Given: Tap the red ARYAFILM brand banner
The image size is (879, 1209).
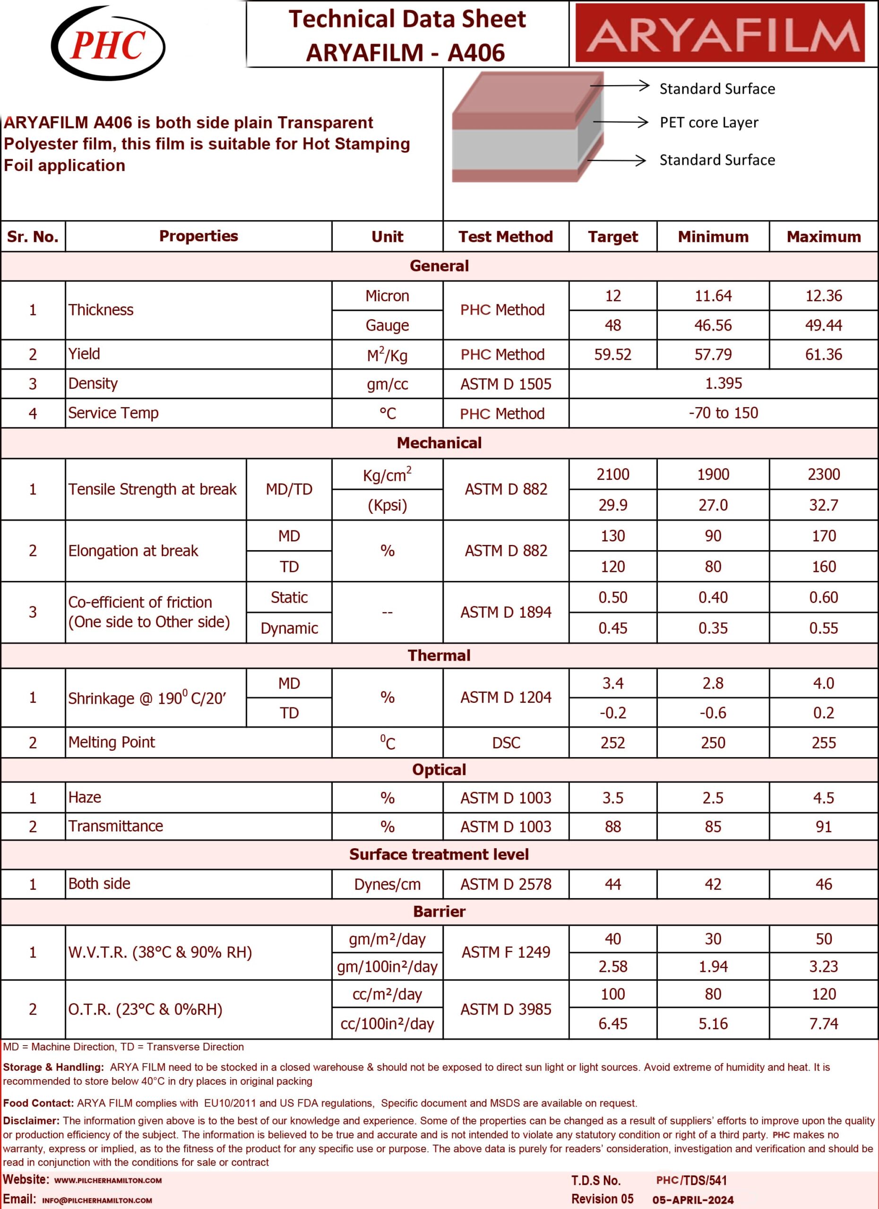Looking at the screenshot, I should [720, 34].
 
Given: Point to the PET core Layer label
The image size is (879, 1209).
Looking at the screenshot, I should [708, 123].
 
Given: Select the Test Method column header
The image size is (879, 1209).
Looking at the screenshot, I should [505, 237].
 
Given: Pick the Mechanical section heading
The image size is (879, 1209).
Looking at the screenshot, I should [439, 443].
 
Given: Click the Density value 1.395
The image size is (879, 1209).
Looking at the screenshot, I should [723, 383].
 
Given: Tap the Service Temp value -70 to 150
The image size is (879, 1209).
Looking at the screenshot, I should [723, 413].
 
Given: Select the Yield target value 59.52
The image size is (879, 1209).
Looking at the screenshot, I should [612, 355].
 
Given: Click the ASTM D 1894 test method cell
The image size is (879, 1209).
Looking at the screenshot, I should [505, 612].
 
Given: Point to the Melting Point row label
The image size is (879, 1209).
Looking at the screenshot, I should [112, 742].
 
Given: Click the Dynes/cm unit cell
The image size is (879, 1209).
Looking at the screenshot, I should [387, 885].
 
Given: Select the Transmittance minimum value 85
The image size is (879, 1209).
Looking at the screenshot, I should [713, 827].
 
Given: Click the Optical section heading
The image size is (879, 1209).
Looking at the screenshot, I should [439, 770].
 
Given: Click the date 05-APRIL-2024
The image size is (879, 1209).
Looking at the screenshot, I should [693, 1200].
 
